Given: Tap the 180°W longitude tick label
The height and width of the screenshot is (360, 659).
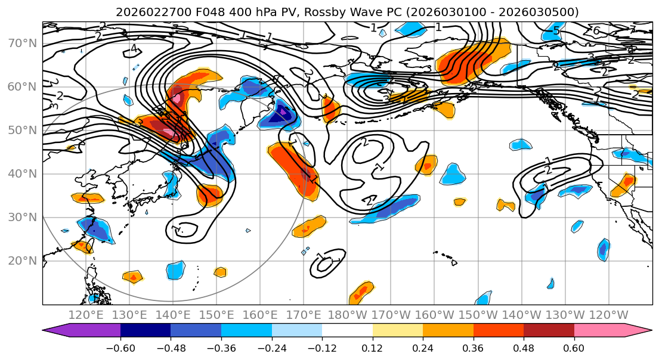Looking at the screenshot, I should tap(347, 315).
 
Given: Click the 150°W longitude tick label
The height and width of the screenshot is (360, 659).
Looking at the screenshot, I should tap(478, 315).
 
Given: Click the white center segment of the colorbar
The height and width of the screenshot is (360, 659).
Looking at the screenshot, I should tap(347, 331).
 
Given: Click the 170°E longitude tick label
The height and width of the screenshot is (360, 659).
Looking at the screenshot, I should tap(304, 315).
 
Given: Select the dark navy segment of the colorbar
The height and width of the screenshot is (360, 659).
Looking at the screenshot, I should tap(145, 331).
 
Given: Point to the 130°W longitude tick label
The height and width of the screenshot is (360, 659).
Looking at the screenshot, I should tap(565, 315).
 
